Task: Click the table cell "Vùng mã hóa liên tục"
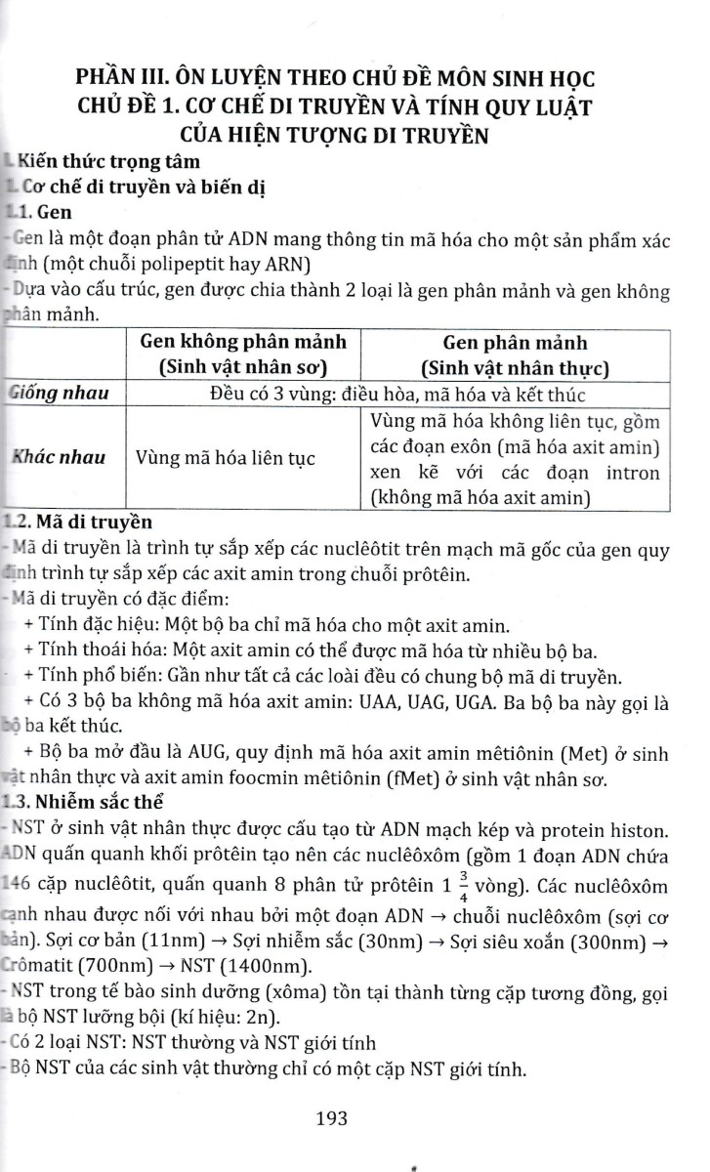(226, 457)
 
